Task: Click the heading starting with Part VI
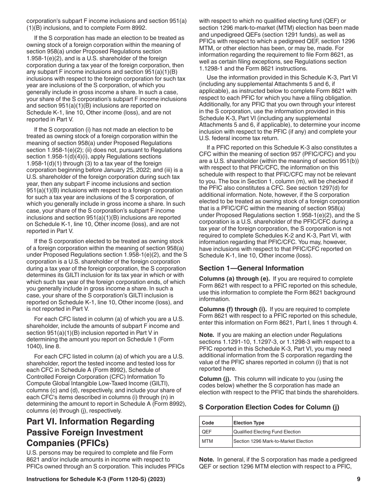(x=90, y=432)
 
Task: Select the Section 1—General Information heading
(x=251, y=268)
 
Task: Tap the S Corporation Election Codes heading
(x=269, y=407)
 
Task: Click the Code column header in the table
(x=208, y=423)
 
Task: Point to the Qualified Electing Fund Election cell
(x=267, y=432)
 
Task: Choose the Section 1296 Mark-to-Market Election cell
(x=273, y=441)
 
